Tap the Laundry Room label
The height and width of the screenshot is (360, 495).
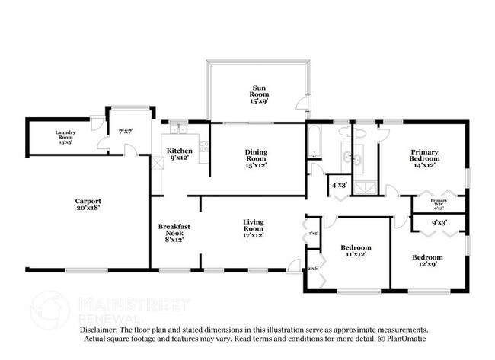[65, 136]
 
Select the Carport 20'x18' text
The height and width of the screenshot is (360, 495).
[88, 204]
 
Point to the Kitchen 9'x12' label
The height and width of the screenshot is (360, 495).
[180, 155]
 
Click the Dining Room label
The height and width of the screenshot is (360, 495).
[256, 155]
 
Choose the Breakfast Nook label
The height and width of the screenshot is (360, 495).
[172, 232]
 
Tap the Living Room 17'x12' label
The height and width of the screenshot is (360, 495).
[253, 228]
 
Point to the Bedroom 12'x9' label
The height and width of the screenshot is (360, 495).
[427, 262]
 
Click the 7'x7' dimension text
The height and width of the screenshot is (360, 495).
[126, 132]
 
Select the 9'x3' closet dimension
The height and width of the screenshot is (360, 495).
[439, 224]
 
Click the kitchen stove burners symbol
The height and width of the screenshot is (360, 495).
[203, 145]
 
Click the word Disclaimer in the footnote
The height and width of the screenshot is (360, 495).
[102, 329]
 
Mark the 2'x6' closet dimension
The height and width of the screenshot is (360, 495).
[313, 269]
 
